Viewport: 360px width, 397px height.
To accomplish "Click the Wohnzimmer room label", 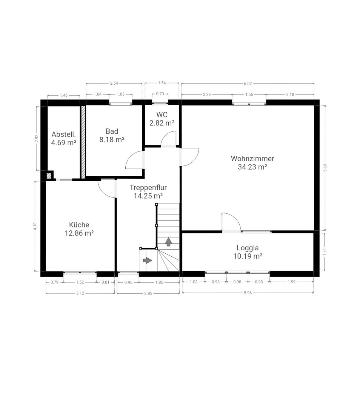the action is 252,159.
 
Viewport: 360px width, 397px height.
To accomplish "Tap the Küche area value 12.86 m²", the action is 79,233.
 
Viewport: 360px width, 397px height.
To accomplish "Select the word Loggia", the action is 247,248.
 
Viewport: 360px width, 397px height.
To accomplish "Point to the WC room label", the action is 162,114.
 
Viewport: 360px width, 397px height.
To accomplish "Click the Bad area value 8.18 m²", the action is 112,139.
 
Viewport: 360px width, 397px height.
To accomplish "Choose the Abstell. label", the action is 64,134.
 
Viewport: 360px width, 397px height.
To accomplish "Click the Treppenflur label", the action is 148,187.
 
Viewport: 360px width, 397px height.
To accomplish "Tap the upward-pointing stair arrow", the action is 168,242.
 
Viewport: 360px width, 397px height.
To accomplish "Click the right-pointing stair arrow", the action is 147,260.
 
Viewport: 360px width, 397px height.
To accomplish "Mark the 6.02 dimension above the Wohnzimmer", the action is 247,83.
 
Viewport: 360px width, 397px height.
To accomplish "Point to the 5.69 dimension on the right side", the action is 325,168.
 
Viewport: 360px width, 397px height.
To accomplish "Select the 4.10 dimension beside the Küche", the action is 35,226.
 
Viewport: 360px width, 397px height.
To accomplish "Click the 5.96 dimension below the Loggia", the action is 247,293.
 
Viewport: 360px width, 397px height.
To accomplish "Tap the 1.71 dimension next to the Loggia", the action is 324,252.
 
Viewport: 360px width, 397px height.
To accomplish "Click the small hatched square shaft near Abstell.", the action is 49,176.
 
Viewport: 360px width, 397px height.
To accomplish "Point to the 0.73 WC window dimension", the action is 160,94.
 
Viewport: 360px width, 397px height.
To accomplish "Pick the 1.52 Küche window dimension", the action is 80,282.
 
